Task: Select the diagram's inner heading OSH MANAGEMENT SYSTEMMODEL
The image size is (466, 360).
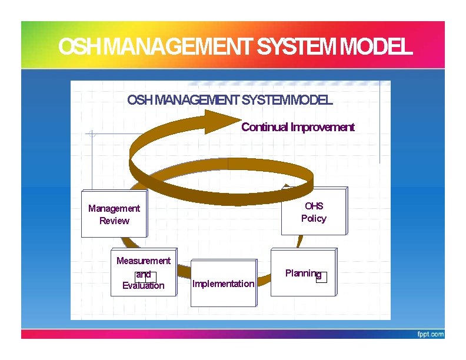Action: [x=229, y=101]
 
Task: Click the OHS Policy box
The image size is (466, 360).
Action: [x=314, y=212]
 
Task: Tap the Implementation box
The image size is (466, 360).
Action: [x=224, y=284]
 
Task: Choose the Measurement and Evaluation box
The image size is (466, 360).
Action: [x=143, y=273]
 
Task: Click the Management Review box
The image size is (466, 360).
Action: [x=114, y=214]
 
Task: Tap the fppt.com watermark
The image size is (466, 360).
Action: [x=431, y=334]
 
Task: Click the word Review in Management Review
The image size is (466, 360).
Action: [x=114, y=221]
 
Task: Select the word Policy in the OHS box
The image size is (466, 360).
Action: [x=314, y=219]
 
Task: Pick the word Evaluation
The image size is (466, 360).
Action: [x=143, y=286]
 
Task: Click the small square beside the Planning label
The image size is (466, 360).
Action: [x=321, y=277]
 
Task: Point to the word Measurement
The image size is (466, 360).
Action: [x=143, y=261]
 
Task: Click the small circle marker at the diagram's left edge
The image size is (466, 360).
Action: [x=91, y=134]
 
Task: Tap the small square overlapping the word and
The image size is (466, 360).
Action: [x=151, y=277]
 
